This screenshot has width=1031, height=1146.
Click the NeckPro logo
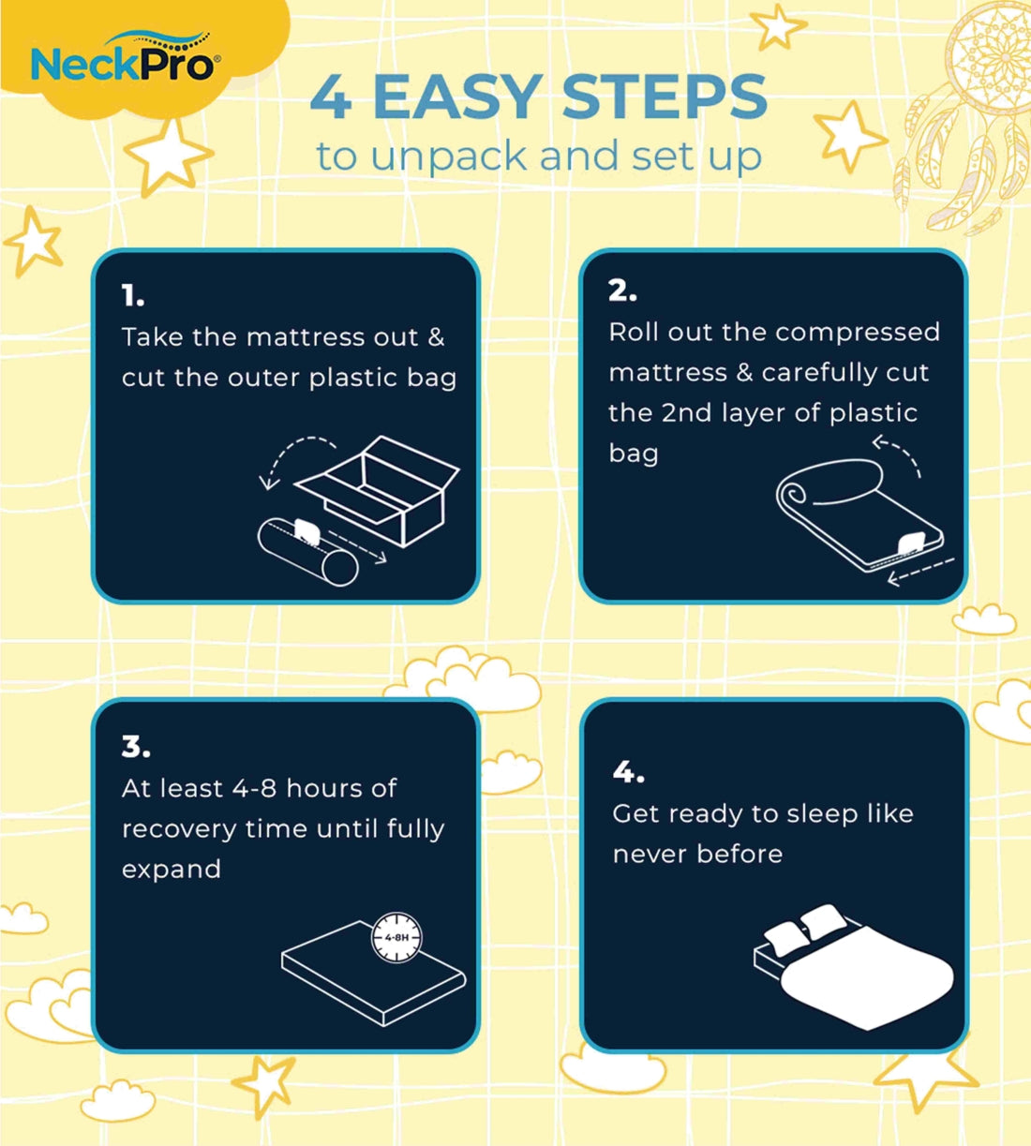126,58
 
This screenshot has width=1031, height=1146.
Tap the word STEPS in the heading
665,97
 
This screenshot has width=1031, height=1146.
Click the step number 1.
132,296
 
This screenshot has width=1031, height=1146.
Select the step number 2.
622,290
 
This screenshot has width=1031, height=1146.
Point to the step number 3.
136,746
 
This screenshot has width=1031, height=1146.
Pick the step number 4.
628,772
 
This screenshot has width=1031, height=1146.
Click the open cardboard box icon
377,491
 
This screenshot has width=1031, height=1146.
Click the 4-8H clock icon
396,937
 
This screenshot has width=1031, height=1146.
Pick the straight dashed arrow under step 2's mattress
920,572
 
